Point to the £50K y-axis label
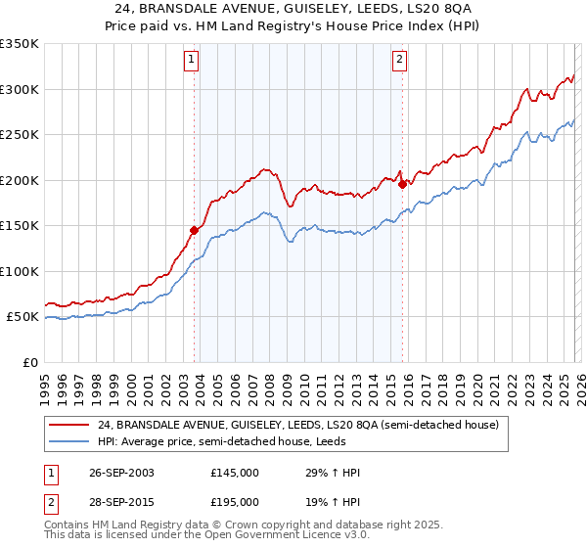click(x=23, y=317)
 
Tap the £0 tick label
click(x=30, y=362)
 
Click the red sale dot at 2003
click(x=195, y=230)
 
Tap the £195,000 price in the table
click(x=235, y=501)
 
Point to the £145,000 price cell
click(x=235, y=473)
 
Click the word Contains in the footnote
click(x=68, y=526)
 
